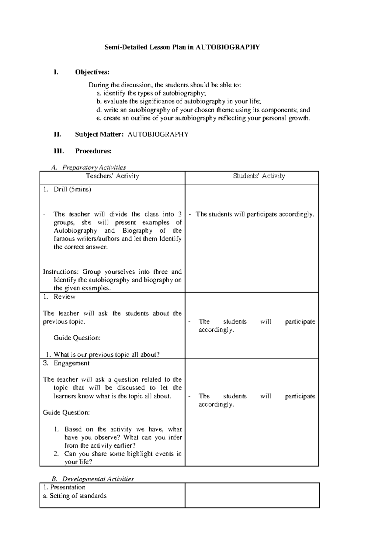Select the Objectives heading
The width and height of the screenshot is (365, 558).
92,72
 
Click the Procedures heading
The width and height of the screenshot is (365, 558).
93,151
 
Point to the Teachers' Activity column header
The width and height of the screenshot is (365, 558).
112,176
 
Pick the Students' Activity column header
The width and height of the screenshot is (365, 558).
259,176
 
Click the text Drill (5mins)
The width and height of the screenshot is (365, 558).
72,189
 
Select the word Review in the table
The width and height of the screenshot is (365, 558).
64,297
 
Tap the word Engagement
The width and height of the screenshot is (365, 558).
71,363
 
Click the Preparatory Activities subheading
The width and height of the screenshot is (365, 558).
94,167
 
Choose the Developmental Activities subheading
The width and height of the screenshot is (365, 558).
98,479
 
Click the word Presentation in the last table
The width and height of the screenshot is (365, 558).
68,487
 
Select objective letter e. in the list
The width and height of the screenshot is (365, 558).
98,118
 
